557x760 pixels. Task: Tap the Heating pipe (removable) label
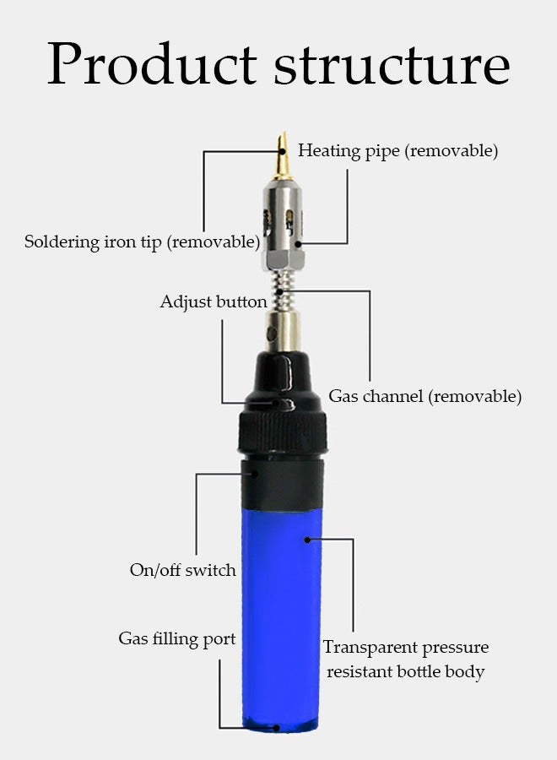point(397,151)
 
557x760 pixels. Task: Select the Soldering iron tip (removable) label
point(142,242)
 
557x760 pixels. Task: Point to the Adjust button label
point(214,301)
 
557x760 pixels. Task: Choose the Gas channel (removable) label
point(425,396)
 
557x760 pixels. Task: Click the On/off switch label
point(182,570)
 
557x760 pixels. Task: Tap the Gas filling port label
point(176,638)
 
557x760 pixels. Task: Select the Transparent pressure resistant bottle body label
point(405,660)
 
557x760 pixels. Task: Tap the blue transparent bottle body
point(282,608)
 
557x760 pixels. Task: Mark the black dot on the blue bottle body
point(307,539)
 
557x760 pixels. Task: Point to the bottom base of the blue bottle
point(282,725)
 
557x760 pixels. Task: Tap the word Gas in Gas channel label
point(343,396)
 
